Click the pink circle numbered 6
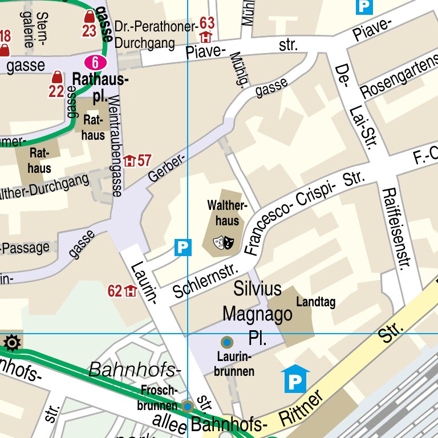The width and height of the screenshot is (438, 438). click(x=95, y=62)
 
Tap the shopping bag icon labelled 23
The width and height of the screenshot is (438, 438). click(x=89, y=17)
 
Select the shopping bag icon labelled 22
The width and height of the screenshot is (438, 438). click(x=56, y=76)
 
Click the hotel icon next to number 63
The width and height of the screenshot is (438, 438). click(x=205, y=38)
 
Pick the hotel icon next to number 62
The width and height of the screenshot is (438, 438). click(x=131, y=291)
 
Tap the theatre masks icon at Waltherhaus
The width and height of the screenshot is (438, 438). click(x=224, y=243)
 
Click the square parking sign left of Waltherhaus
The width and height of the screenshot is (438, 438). click(x=182, y=247)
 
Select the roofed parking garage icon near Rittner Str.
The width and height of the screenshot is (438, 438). click(x=295, y=379)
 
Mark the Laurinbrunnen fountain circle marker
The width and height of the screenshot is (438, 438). click(x=227, y=342)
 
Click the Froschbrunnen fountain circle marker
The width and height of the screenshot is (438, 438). click(x=188, y=406)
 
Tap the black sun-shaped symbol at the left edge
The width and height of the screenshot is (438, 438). click(x=11, y=343)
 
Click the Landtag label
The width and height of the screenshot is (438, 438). click(x=315, y=303)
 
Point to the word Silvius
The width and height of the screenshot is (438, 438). click(x=257, y=289)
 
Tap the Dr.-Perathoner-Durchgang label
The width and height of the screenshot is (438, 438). click(x=155, y=34)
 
